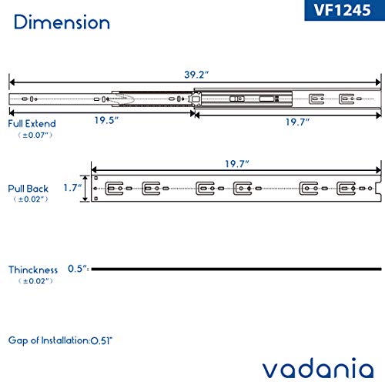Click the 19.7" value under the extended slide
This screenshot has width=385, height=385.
click(288, 122)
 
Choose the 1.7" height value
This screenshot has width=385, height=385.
click(72, 186)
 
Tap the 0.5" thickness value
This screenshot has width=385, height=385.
click(77, 270)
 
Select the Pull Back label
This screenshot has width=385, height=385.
click(29, 187)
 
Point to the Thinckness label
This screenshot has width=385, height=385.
click(34, 270)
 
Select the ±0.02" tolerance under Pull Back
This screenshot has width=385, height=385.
click(31, 199)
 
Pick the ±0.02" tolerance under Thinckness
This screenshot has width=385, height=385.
click(31, 282)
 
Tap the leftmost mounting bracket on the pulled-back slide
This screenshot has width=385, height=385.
click(116, 187)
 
